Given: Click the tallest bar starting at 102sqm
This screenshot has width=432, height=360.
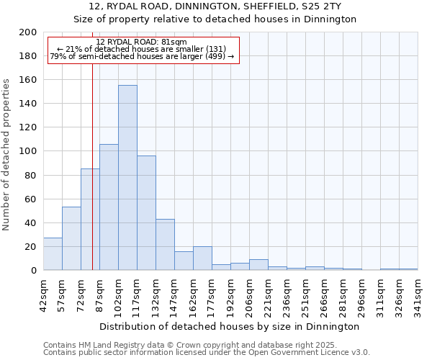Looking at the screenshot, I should (x=127, y=178).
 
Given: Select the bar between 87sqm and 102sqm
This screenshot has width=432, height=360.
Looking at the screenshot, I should (x=109, y=207).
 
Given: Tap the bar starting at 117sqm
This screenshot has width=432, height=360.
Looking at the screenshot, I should (x=146, y=213).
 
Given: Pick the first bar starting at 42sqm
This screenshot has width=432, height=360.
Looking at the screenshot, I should (x=53, y=254).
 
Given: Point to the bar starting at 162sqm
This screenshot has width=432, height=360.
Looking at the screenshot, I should (x=202, y=258).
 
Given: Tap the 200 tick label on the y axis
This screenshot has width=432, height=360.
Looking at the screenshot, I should (x=28, y=32).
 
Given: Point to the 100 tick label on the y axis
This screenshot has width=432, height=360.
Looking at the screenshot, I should (x=28, y=151).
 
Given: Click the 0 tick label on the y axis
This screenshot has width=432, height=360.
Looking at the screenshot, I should (x=33, y=271).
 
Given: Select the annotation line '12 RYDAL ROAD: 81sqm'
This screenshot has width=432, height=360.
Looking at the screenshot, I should (x=141, y=42).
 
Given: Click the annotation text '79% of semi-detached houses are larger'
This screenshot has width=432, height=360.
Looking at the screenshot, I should (x=141, y=57).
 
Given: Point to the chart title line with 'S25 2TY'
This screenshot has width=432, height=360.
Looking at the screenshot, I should (x=215, y=6).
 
